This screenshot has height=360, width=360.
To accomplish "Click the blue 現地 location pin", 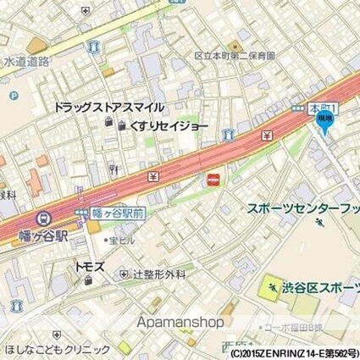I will click(x=324, y=120).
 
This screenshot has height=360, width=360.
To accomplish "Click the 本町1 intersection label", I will click(x=323, y=108).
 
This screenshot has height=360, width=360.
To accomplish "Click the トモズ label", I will click(x=88, y=266).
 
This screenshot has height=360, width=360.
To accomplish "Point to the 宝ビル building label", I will click(x=121, y=241).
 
